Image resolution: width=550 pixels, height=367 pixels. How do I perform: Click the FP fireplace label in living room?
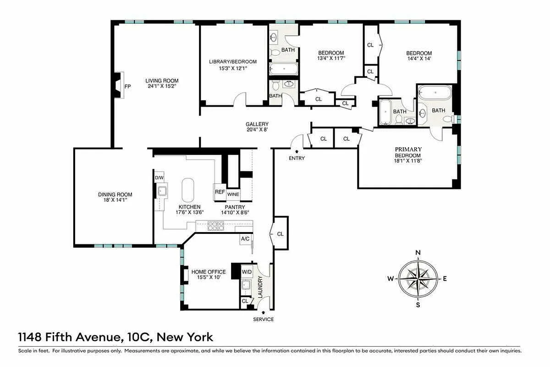click(x=127, y=86)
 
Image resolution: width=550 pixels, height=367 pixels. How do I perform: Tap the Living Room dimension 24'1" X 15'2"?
click(x=162, y=86)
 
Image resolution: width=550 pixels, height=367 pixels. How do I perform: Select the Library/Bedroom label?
click(x=233, y=62)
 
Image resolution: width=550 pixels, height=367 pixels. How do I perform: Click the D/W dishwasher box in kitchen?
click(x=159, y=178)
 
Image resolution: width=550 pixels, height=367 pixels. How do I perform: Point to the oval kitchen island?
click(x=188, y=190)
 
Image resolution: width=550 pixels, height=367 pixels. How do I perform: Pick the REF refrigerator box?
click(x=220, y=192)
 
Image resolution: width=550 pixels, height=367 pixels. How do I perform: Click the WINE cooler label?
click(x=233, y=195)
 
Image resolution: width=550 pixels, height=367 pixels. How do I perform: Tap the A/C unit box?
click(x=245, y=239)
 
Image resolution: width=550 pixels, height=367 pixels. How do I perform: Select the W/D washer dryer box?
click(x=247, y=272)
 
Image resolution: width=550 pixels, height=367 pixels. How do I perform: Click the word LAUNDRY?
click(x=260, y=287)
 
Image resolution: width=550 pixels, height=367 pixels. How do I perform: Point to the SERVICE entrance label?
click(x=263, y=319)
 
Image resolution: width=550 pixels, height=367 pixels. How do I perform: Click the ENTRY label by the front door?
click(x=297, y=158)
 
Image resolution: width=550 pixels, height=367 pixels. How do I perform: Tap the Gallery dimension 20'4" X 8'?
click(x=257, y=130)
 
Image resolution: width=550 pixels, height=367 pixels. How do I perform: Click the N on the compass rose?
click(x=418, y=253)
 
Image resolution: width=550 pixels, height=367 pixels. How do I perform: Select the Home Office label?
click(x=209, y=272)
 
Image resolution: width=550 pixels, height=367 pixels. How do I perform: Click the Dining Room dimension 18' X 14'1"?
click(x=115, y=200)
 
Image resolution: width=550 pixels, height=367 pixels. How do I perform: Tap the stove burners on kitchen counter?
click(x=216, y=225)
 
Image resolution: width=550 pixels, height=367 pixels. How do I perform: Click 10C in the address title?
click(x=137, y=338)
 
